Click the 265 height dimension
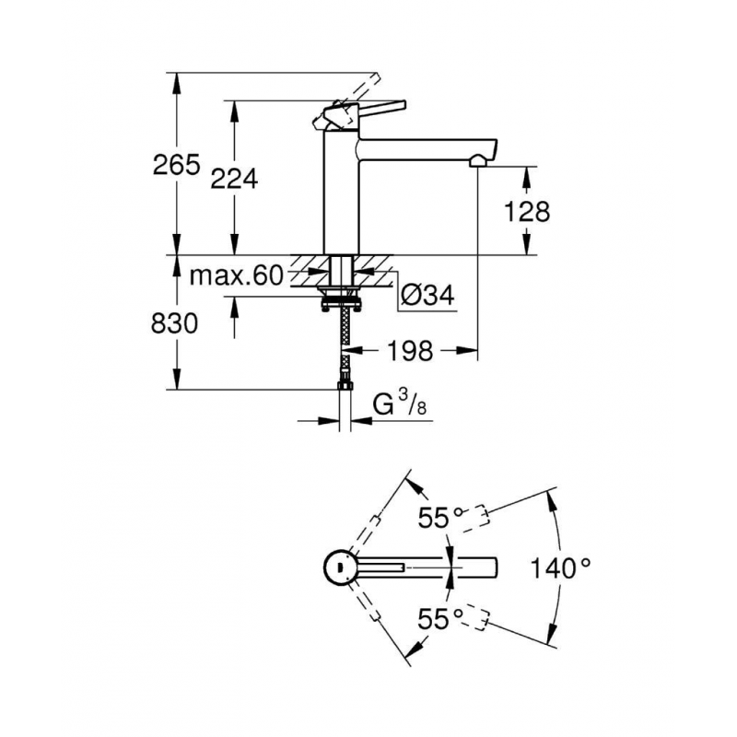coord(176,165)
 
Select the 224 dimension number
coord(234,179)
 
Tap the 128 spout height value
coord(526,212)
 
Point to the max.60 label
coord(236,275)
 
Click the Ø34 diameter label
coord(428,296)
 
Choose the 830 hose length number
coord(174,324)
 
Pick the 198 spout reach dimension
coord(410,351)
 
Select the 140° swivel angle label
coord(560,567)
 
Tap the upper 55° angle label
coord(441,519)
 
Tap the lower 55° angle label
coord(441,618)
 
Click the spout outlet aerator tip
coord(479,161)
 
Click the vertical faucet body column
coord(342,192)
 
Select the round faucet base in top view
coord(342,567)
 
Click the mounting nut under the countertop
coord(341,301)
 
